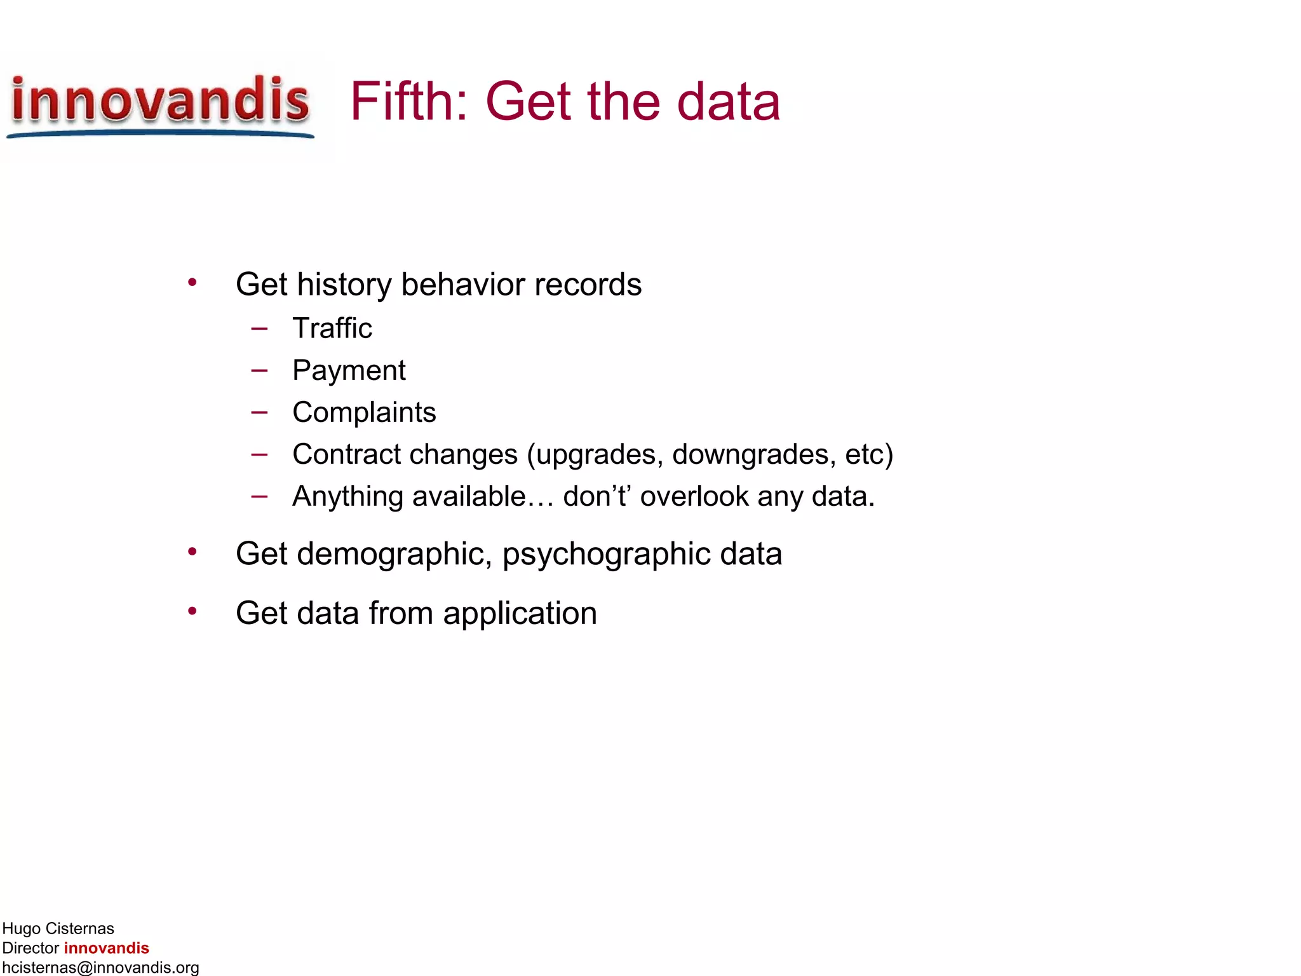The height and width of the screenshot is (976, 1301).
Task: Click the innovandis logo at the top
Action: coord(160,104)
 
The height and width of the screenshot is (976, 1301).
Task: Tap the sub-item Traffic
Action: coord(332,329)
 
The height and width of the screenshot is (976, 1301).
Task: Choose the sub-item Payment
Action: coord(349,370)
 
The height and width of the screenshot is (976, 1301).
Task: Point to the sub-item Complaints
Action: coord(364,412)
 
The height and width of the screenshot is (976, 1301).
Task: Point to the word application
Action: coord(520,614)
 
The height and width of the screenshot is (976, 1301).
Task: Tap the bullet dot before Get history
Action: coord(192,282)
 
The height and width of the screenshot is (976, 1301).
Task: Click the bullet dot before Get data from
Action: coord(192,611)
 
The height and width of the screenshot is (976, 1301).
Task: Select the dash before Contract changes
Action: coord(259,454)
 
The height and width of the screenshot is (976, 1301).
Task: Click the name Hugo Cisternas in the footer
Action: coord(58,928)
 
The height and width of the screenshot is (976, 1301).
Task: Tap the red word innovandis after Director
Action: coord(106,948)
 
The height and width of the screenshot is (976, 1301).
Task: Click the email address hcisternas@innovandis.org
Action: coord(100,967)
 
